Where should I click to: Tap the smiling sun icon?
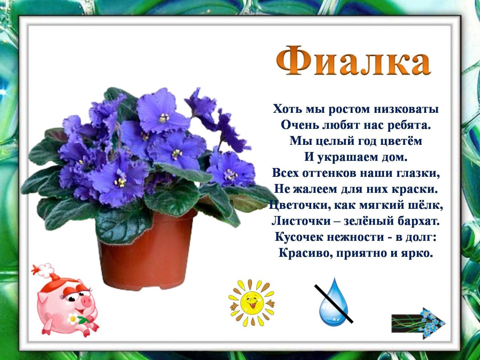[x=252, y=302]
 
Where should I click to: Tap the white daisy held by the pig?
[x=73, y=319]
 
